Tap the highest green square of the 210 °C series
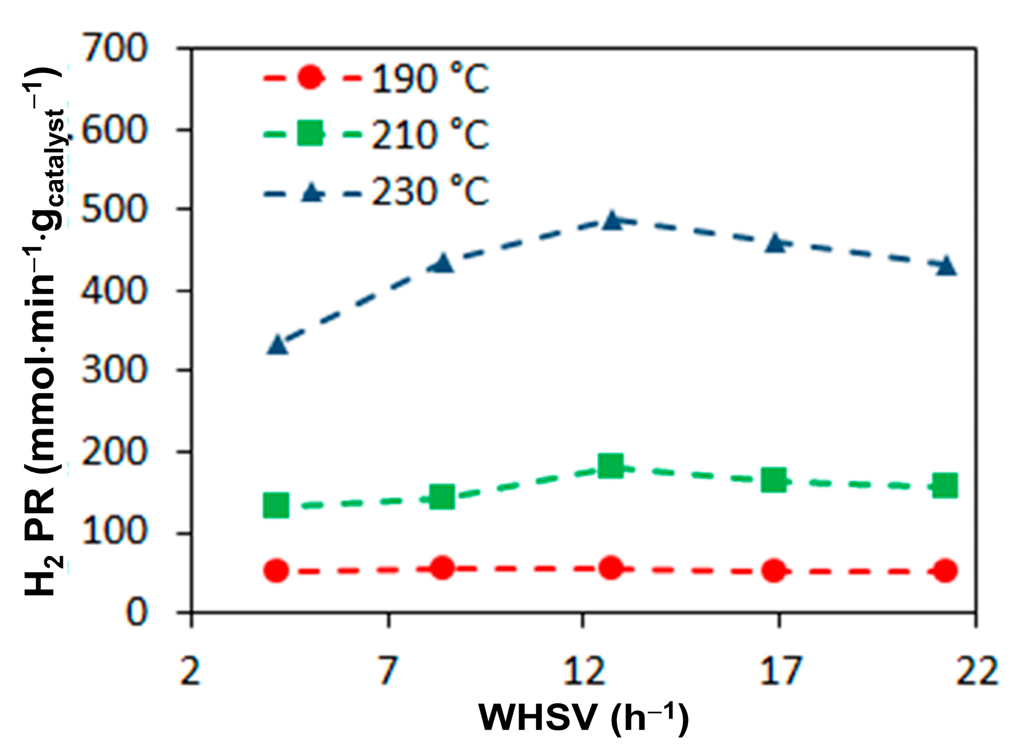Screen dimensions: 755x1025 coord(611,466)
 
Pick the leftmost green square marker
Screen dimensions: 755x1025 coord(276,505)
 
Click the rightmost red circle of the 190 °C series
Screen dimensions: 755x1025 coord(945,571)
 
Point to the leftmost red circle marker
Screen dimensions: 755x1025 coord(276,571)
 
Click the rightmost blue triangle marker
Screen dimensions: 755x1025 coord(946,266)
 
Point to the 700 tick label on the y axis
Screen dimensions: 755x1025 coord(115,48)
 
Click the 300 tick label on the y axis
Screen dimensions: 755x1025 coord(115,370)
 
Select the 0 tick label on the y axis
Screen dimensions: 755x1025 coord(136,613)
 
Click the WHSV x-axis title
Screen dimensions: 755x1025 coord(584,717)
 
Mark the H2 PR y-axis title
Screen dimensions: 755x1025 coord(42,331)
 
